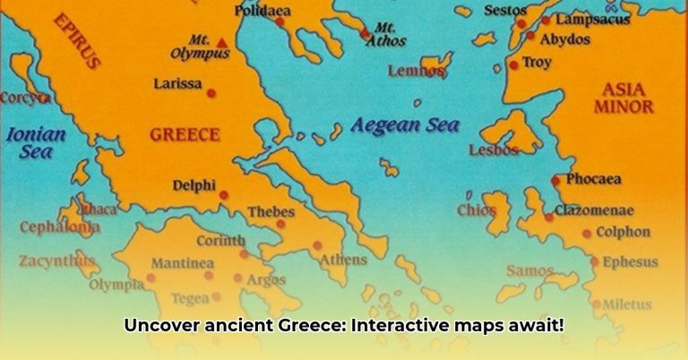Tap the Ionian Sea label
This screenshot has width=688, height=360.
[36, 143]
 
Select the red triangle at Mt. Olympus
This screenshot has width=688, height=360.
[221, 42]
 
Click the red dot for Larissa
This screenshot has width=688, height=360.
[211, 92]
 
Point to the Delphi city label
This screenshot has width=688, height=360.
[193, 186]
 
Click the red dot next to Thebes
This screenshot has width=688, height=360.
[280, 224]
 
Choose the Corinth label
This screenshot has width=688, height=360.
[219, 240]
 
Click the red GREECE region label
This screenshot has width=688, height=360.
[184, 135]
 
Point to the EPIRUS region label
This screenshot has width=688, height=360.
[77, 40]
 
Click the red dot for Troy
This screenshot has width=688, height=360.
[513, 64]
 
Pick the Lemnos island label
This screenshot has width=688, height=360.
[416, 71]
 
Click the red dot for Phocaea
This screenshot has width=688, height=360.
[555, 180]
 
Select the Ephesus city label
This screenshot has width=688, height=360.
[630, 262]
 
